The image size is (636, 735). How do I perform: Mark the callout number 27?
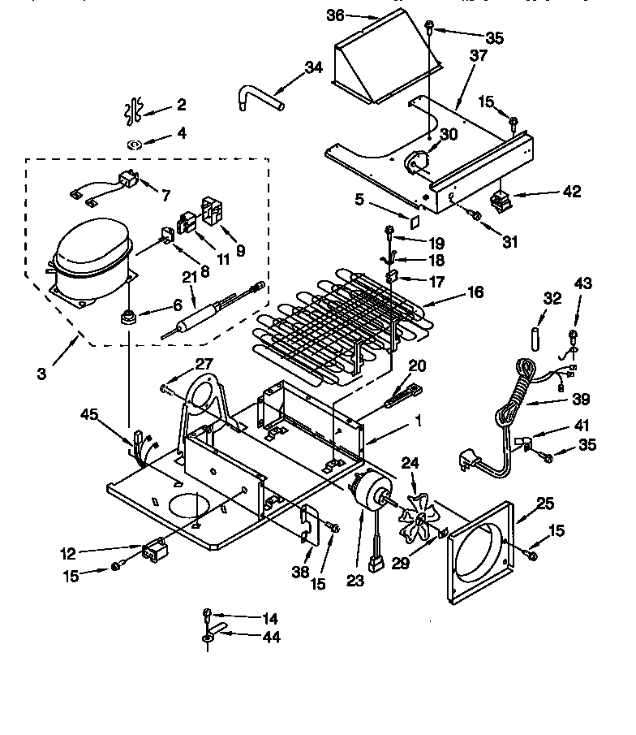[203, 365]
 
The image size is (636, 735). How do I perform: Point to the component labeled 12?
[155, 553]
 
